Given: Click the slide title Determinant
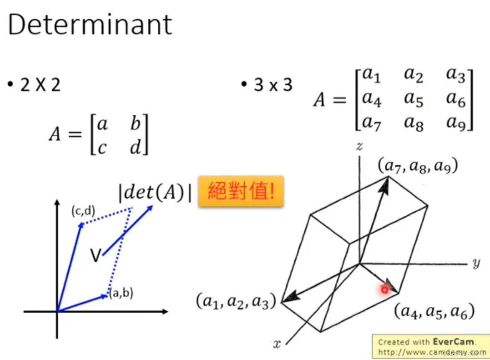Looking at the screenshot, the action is [90, 24].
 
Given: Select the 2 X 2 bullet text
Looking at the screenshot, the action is [40, 86].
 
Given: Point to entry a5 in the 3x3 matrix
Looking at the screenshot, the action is [414, 100].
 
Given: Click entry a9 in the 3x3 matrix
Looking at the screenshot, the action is [456, 122].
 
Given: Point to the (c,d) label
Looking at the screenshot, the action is [83, 211].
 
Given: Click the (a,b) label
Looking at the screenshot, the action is [121, 293].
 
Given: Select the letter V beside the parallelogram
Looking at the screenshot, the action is [96, 256].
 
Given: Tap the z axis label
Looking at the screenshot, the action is [358, 146].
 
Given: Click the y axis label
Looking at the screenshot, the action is [476, 263].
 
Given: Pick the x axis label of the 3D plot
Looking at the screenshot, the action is [277, 344].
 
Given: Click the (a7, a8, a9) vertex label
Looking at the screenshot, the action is [418, 166].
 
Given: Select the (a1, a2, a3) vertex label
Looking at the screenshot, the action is [236, 301].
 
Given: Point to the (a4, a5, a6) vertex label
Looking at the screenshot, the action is [434, 312].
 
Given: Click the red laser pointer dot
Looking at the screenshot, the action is [384, 289].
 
